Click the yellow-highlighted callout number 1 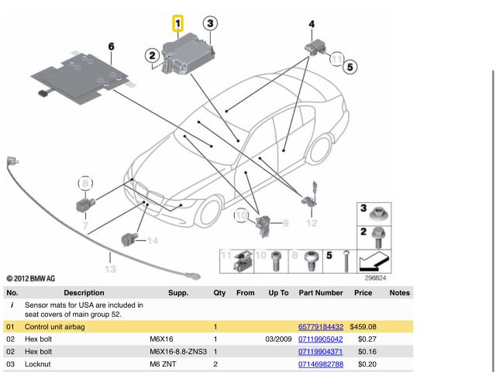click(x=178, y=24)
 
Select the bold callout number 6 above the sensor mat click(x=112, y=47)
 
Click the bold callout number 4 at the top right click(x=312, y=25)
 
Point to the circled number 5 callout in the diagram click(x=350, y=67)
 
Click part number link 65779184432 click(x=320, y=328)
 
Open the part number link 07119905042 click(x=320, y=339)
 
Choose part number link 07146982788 click(x=320, y=363)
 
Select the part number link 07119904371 click(x=320, y=352)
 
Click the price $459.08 click(x=363, y=328)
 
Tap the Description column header click(x=84, y=293)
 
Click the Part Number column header click(x=320, y=293)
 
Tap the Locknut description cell click(x=40, y=363)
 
